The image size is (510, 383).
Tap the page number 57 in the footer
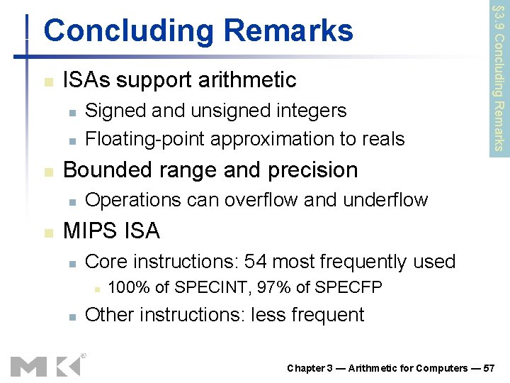pyautogui.click(x=489, y=368)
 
